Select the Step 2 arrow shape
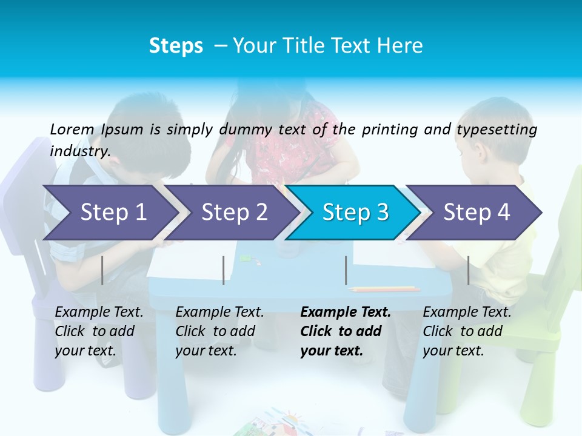click(x=233, y=213)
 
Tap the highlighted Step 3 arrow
click(x=355, y=213)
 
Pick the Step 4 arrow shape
click(x=476, y=213)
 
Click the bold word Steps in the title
click(x=176, y=45)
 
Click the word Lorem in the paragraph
click(x=72, y=129)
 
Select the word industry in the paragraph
click(x=80, y=151)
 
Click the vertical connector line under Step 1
click(x=102, y=270)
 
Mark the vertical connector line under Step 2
click(x=223, y=270)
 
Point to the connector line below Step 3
click(x=346, y=270)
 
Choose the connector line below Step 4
click(x=468, y=270)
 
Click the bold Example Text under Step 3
click(x=346, y=312)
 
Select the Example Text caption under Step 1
click(x=99, y=312)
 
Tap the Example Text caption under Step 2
click(x=219, y=312)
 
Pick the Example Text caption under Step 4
click(x=467, y=312)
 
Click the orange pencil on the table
click(x=384, y=289)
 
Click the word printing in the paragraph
click(x=388, y=129)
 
